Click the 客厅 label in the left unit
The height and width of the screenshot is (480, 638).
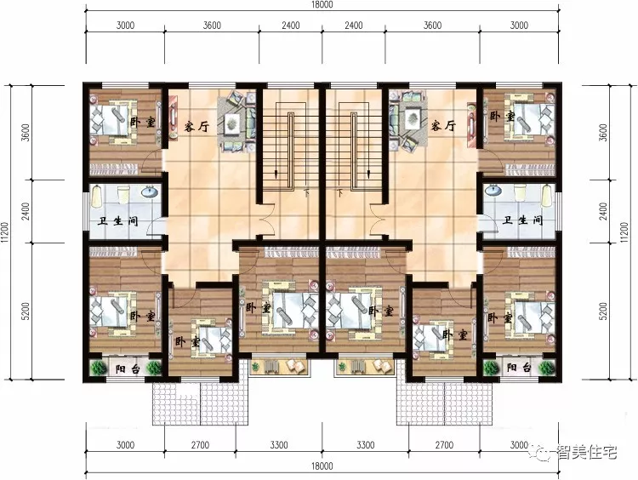point(197,126)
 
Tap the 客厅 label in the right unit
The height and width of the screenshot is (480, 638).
point(443,125)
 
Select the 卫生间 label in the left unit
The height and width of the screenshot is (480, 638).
point(118,221)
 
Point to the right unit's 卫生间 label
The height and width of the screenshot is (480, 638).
point(523,220)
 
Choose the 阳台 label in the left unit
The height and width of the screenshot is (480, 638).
point(128,369)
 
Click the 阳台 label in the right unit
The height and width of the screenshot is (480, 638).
point(519,368)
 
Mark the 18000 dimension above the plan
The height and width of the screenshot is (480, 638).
point(322,5)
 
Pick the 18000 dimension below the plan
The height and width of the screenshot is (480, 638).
point(322,466)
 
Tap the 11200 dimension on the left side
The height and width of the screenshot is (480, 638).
point(5,233)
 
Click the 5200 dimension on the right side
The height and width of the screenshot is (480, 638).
point(603,311)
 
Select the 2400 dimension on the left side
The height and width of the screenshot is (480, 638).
point(26,211)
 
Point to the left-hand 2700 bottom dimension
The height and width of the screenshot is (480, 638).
point(200,445)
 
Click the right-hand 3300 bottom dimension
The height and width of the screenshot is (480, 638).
point(366,445)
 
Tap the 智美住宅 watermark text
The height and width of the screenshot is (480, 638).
point(587,452)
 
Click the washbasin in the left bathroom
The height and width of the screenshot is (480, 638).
point(150,191)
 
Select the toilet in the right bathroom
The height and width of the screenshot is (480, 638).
point(520,192)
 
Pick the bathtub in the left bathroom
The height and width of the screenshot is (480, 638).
point(96,197)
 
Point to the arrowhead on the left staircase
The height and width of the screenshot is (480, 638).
point(276,175)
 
